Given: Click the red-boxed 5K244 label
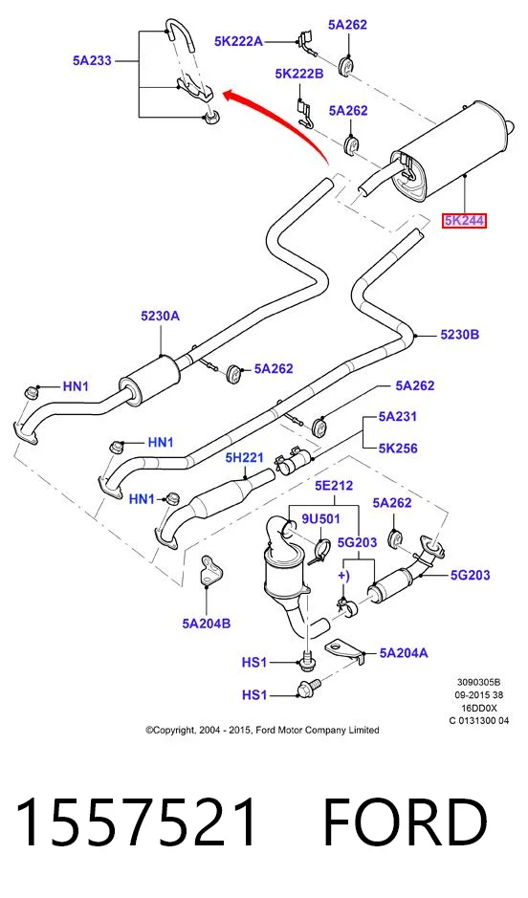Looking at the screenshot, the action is click(463, 221).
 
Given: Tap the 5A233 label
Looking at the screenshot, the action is click(92, 60).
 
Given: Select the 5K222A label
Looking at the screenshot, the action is click(239, 41).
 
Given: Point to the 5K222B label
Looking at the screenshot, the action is click(299, 74).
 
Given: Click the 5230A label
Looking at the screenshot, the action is click(161, 316).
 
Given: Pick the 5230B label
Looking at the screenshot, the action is click(460, 335).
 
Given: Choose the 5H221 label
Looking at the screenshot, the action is click(245, 457).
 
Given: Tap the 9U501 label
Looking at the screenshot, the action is click(320, 519).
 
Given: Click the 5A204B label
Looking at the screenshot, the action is click(207, 624).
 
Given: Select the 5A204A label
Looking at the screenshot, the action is click(403, 653).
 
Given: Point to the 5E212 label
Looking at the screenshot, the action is click(334, 486).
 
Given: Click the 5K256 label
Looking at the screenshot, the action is click(398, 448).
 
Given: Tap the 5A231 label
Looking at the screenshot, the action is click(397, 417).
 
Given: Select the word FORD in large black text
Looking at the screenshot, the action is click(405, 823).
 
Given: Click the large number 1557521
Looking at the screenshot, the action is click(136, 823).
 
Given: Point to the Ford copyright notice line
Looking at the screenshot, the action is click(262, 731).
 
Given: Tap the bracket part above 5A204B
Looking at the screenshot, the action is click(210, 570).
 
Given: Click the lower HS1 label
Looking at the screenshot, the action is click(254, 695).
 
